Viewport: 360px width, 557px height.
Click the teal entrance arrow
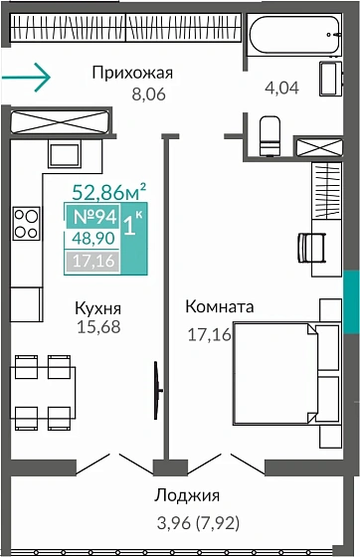click(x=25, y=75)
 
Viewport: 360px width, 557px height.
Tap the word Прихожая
click(x=132, y=72)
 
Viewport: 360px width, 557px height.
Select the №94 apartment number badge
click(x=90, y=216)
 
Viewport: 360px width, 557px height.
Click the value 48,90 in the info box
click(x=89, y=239)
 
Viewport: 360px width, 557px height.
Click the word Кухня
click(x=98, y=308)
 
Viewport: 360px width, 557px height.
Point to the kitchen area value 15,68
click(x=97, y=327)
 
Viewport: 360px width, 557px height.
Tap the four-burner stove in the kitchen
click(x=26, y=223)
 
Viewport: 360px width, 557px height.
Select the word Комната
click(x=221, y=307)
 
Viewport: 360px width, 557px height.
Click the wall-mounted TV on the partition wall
click(x=155, y=381)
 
